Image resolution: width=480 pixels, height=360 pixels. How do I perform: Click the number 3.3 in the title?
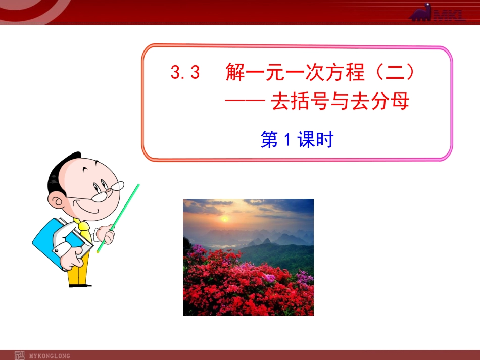click(185, 74)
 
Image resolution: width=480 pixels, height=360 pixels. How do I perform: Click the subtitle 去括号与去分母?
click(340, 102)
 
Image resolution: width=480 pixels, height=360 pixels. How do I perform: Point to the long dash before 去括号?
click(245, 102)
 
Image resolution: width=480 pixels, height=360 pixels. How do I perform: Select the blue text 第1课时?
click(297, 140)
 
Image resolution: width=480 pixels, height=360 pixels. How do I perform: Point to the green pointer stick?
click(119, 217)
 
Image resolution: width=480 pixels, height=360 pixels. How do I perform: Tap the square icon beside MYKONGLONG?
click(20, 355)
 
